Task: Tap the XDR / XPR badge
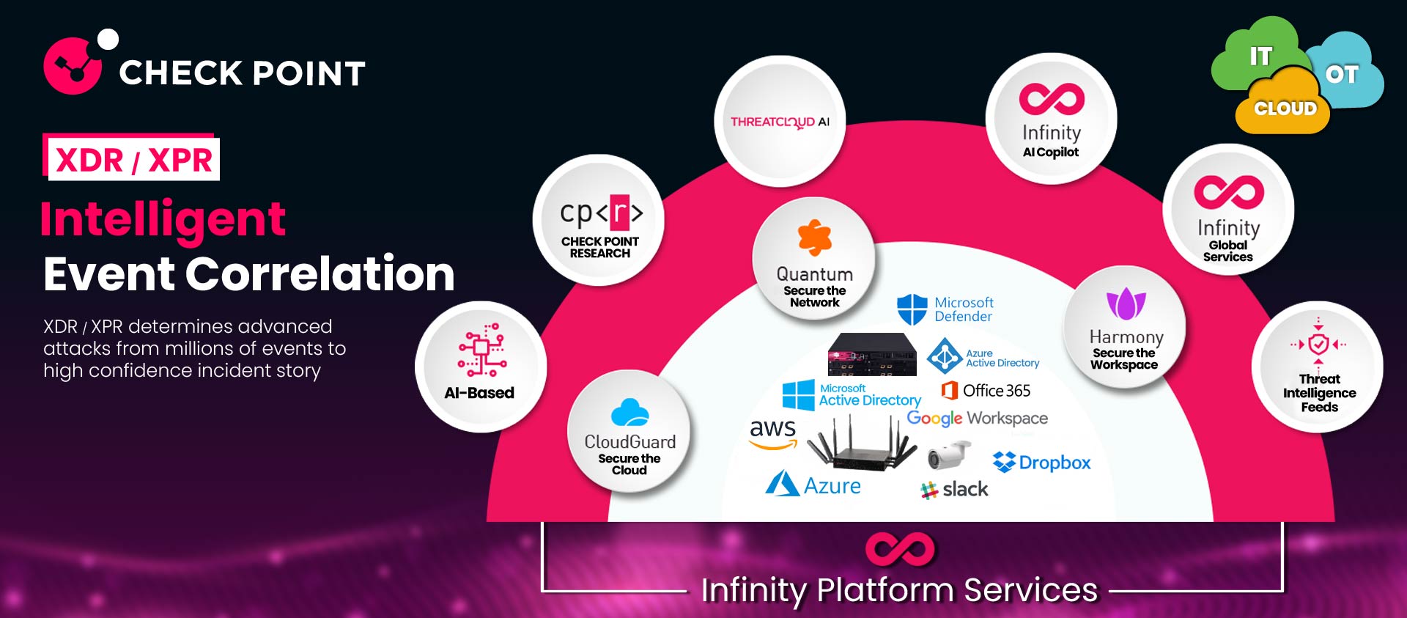point(133,158)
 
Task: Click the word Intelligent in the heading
point(163,219)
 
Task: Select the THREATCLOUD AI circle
point(780,122)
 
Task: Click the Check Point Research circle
point(599,220)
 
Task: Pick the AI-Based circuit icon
point(481,350)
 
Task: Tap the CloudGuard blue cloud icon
point(629,413)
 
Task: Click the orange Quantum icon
point(814,238)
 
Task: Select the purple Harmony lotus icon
point(1126,304)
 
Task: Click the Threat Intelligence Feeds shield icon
point(1318,343)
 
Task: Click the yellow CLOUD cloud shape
point(1283,107)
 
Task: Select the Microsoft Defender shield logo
point(912,309)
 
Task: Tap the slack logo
point(954,490)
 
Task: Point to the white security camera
point(948,455)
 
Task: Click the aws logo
point(772,432)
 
